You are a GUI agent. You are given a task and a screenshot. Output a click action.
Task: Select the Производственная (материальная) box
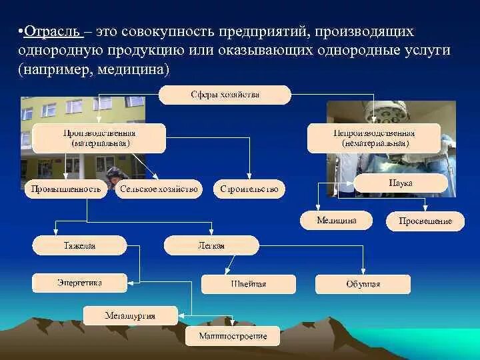coord(99,138)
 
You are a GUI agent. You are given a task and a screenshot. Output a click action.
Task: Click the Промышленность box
coord(66,189)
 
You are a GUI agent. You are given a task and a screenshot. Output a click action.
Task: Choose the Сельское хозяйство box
coord(159,189)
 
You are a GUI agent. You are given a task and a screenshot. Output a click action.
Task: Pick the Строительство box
coord(249,189)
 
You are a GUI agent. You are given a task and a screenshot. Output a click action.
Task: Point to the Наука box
coord(401,183)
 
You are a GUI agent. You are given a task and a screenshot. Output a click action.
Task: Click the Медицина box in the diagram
coord(336,220)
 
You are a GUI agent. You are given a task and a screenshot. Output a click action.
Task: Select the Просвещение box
coord(425,221)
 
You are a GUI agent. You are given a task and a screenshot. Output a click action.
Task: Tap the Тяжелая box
coord(79,245)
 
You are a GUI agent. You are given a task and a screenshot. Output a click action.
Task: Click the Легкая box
coord(211,245)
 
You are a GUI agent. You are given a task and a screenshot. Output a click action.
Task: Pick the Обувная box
coord(363,284)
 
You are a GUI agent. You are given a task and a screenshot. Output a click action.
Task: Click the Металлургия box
coord(130,315)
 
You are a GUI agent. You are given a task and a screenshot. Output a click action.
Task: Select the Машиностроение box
coord(233,336)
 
